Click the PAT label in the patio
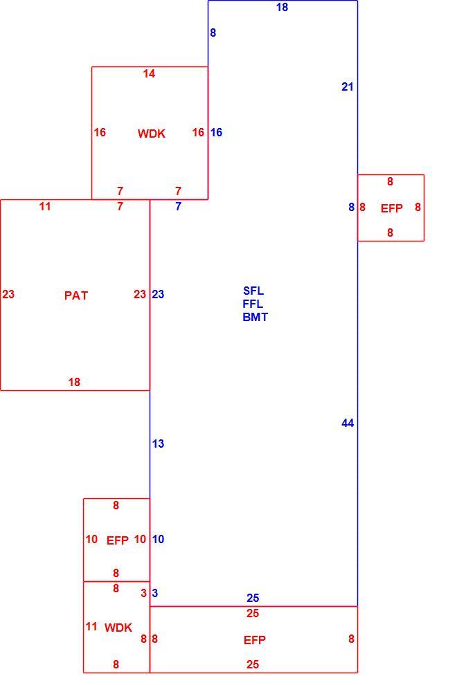[x=76, y=295]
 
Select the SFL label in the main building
[x=253, y=291]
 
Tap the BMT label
[x=255, y=317]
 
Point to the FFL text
[x=253, y=304]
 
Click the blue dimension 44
[x=348, y=423]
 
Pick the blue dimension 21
[x=348, y=87]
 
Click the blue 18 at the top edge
[x=282, y=7]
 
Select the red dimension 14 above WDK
[x=149, y=74]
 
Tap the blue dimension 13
[x=158, y=444]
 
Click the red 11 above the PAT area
[x=45, y=206]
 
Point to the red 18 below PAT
[x=74, y=382]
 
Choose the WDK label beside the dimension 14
[x=152, y=134]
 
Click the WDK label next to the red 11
[x=118, y=628]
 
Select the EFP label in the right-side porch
[x=392, y=208]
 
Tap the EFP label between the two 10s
[x=118, y=540]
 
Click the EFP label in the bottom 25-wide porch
[x=255, y=641]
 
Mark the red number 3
[x=143, y=593]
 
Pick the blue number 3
[x=155, y=593]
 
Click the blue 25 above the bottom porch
[x=253, y=598]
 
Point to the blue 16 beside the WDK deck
[x=217, y=132]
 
